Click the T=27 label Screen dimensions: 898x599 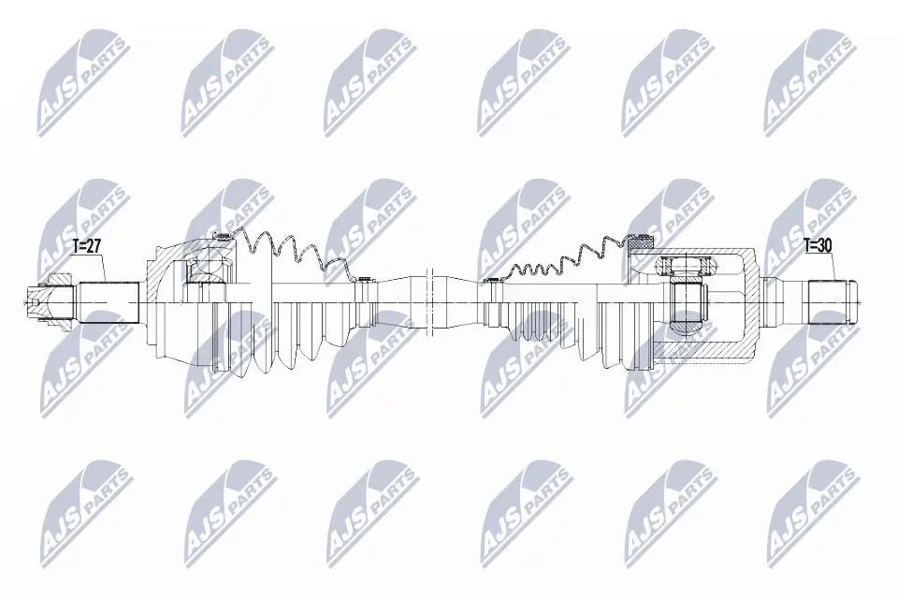86,246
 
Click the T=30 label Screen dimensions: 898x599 818,246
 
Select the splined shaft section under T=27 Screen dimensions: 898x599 109,302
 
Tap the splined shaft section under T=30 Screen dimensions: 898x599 828,302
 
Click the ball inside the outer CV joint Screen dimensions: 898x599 208,268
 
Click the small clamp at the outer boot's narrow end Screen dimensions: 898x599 363,280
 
